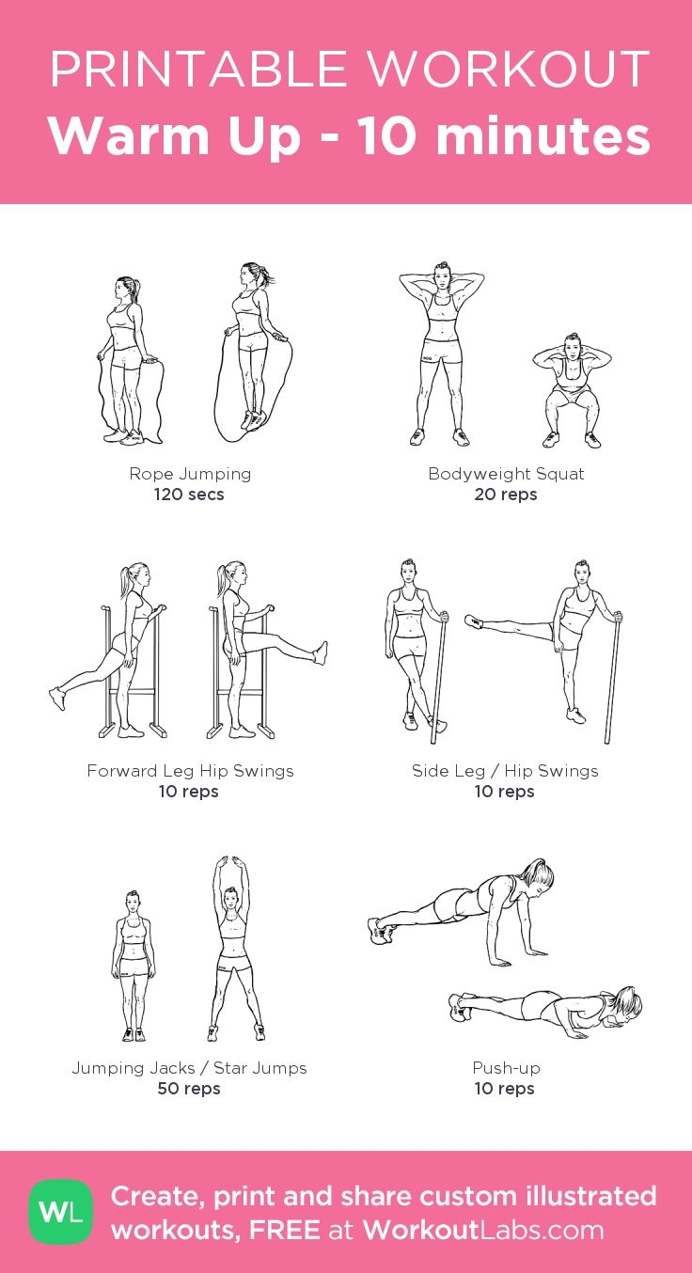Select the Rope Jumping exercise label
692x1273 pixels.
(190, 474)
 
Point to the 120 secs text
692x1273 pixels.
(189, 495)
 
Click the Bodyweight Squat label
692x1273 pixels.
(506, 474)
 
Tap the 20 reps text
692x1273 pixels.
(506, 495)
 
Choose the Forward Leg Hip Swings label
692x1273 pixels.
(190, 771)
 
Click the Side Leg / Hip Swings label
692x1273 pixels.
(505, 771)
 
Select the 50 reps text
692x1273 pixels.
(189, 1089)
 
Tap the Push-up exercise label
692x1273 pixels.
(506, 1068)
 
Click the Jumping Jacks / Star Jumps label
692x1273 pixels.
(189, 1068)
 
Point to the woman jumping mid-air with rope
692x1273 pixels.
(254, 352)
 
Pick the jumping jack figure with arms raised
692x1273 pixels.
(235, 949)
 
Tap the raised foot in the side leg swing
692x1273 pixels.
(474, 621)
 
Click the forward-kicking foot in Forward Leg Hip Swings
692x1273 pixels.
(321, 652)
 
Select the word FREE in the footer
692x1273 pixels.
(285, 1231)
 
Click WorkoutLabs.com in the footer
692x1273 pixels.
(483, 1231)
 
